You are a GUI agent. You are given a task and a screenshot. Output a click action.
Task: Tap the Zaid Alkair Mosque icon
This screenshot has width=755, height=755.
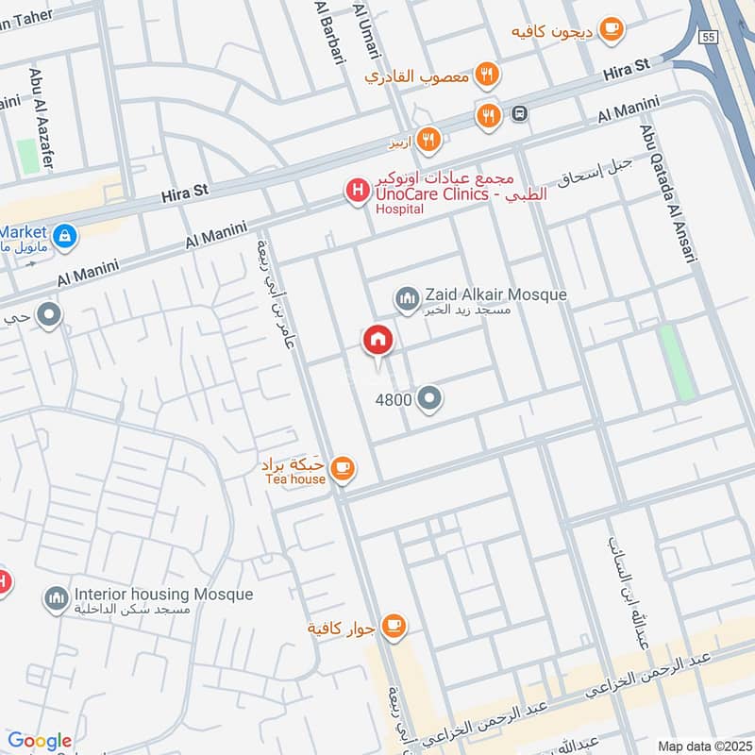point(407,298)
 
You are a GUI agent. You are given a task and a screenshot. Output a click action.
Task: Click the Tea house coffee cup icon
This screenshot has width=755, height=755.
point(343,468)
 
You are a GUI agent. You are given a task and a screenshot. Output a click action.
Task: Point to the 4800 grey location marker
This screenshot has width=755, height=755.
point(430,399)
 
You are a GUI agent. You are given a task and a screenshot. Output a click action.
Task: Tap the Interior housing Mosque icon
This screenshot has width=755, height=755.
point(56,597)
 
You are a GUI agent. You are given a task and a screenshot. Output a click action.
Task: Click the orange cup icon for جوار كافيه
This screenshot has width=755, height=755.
point(394,626)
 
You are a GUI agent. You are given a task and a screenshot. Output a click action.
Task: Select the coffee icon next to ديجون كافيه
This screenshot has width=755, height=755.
point(611,31)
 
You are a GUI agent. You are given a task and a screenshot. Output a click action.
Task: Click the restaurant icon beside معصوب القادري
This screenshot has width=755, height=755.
point(486,75)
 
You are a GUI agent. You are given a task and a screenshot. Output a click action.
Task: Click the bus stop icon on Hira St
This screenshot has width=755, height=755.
point(519,114)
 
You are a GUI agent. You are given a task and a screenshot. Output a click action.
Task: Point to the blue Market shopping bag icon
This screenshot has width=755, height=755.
point(64,234)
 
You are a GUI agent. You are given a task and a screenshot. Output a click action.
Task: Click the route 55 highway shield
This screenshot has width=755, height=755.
point(708,36)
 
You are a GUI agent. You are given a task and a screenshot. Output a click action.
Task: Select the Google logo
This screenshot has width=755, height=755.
point(40,741)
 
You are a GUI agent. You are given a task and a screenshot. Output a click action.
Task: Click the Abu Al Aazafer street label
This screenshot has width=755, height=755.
point(42,104)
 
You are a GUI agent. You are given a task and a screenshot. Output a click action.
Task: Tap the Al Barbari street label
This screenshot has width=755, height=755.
point(328,38)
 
